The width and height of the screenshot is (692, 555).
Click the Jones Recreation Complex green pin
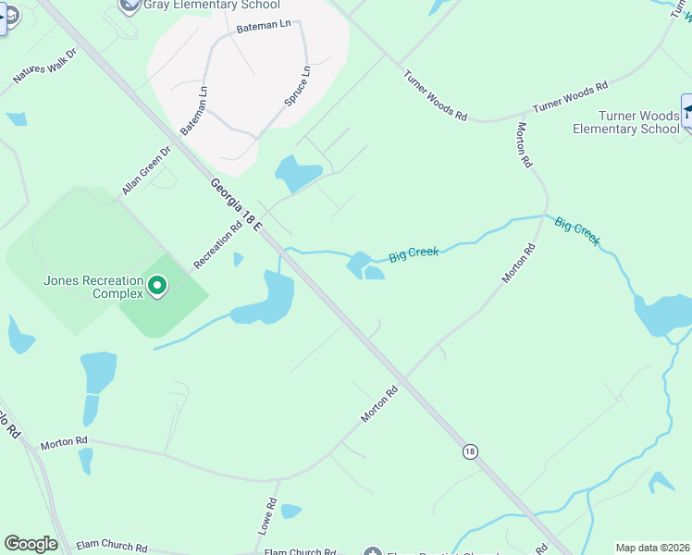click(156, 287)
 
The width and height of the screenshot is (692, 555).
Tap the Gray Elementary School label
click(212, 6)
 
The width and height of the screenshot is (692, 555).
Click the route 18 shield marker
click(471, 451)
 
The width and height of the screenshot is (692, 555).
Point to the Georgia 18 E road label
click(236, 204)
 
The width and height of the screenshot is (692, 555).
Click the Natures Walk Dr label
click(44, 67)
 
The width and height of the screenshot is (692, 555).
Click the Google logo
click(31, 544)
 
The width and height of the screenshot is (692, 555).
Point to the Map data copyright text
click(652, 548)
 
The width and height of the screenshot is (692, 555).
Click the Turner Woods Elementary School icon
click(688, 113)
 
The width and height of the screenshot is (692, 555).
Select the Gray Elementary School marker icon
click(130, 5)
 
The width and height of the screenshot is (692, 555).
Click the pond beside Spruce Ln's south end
click(297, 173)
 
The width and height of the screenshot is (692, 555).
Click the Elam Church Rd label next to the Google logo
click(111, 548)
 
